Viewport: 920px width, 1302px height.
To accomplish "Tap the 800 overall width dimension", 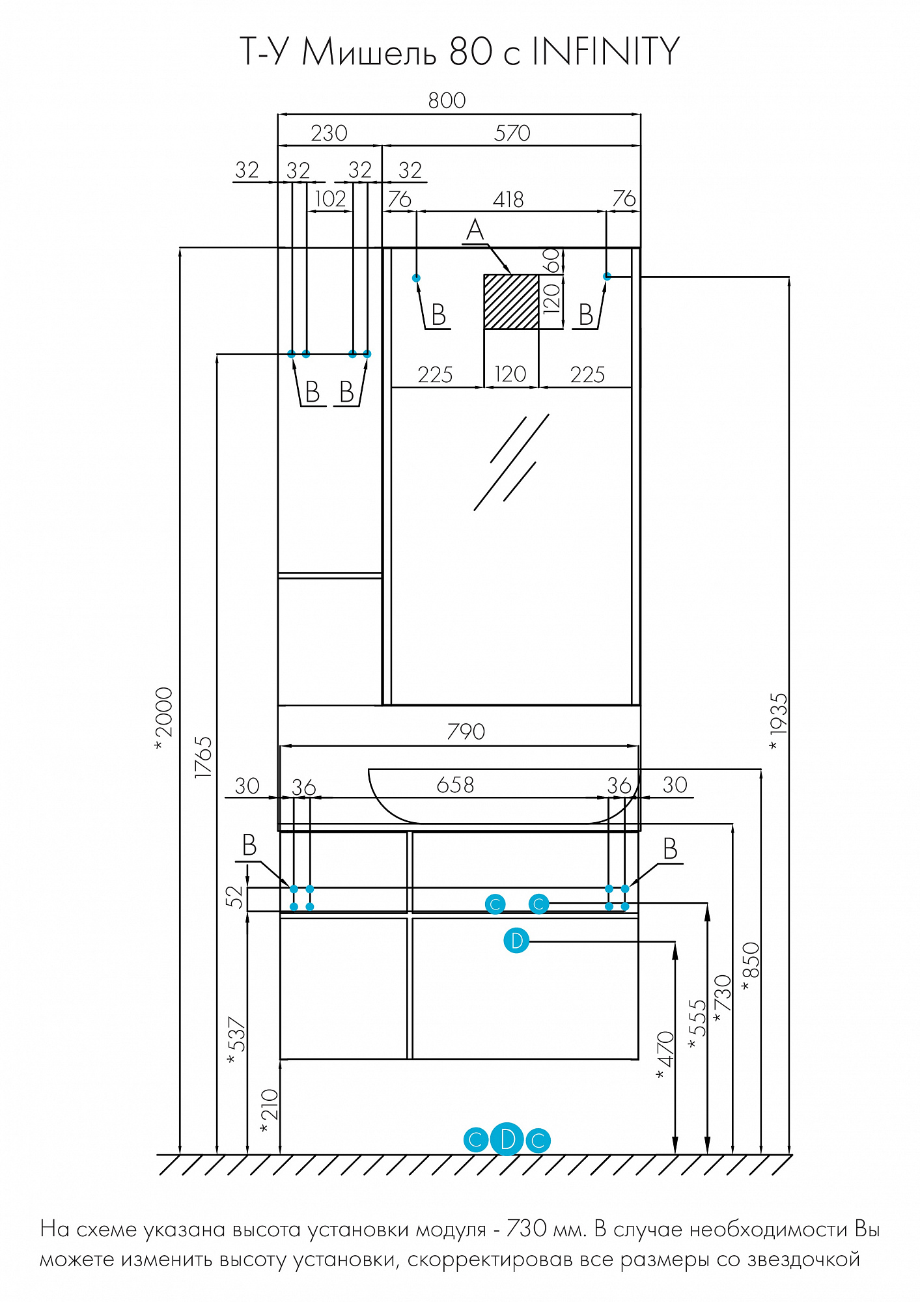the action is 447,100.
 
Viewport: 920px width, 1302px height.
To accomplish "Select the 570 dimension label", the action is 512,133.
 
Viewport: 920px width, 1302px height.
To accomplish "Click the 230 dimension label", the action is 329,133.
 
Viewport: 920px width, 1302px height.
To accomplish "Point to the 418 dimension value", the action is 508,199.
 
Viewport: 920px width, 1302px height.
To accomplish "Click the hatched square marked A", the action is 511,301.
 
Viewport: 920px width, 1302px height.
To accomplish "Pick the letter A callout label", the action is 475,230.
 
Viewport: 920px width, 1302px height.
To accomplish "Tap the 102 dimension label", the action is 330,199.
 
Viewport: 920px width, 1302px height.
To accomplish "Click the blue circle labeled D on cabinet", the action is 516,941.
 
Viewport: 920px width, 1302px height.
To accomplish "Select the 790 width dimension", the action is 466,732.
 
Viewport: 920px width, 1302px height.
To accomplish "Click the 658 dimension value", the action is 455,785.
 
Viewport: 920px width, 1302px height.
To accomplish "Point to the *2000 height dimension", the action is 164,718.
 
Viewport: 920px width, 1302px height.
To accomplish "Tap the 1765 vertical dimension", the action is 204,756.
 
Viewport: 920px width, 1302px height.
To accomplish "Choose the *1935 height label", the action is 778,721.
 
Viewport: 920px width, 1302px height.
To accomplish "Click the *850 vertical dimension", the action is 750,966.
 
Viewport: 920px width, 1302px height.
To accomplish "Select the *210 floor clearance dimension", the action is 268,1111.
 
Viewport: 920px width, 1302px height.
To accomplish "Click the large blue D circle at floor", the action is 507,1139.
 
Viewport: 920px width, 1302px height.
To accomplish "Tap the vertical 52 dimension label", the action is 236,896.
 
